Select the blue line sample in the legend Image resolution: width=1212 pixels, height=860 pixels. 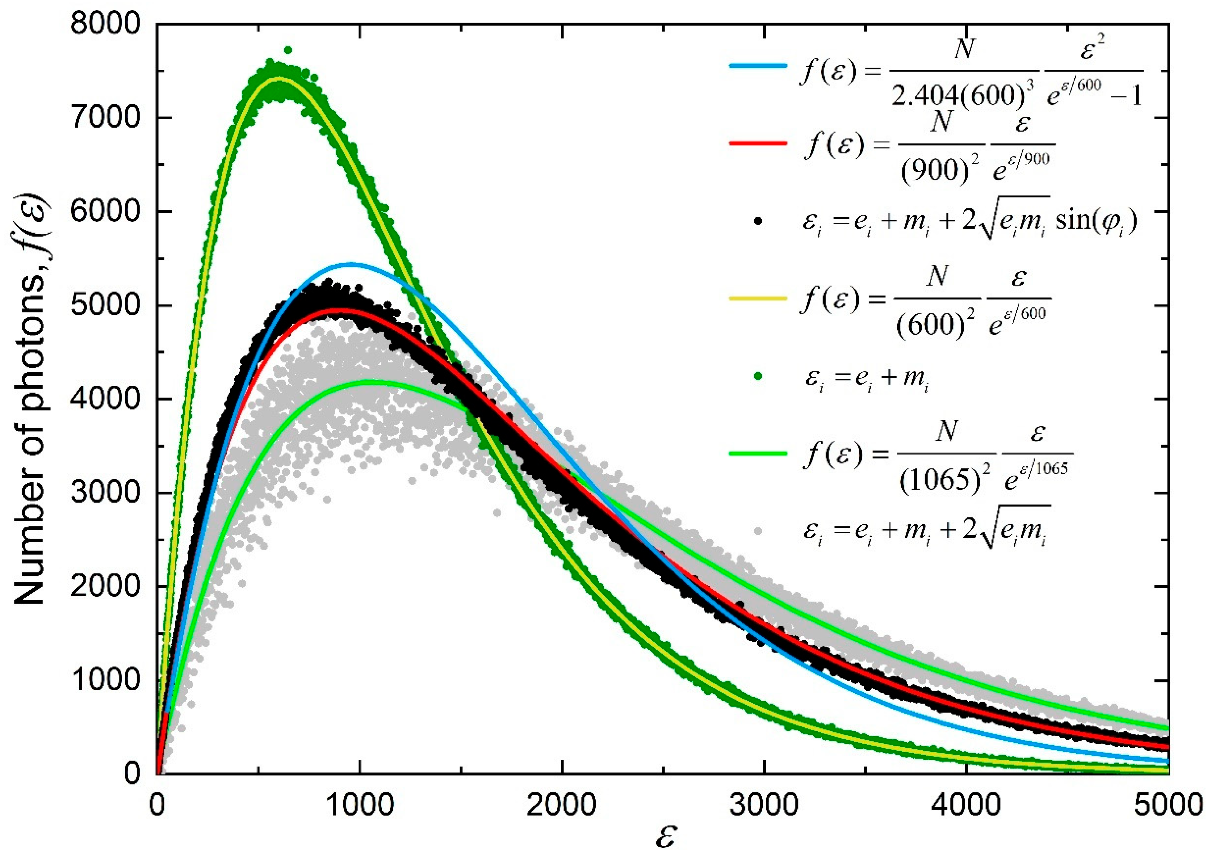[x=757, y=66]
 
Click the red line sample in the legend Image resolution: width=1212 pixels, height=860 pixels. [x=757, y=143]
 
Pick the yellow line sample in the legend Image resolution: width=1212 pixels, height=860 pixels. [x=757, y=299]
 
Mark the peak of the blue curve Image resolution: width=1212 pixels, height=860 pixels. [x=350, y=264]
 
